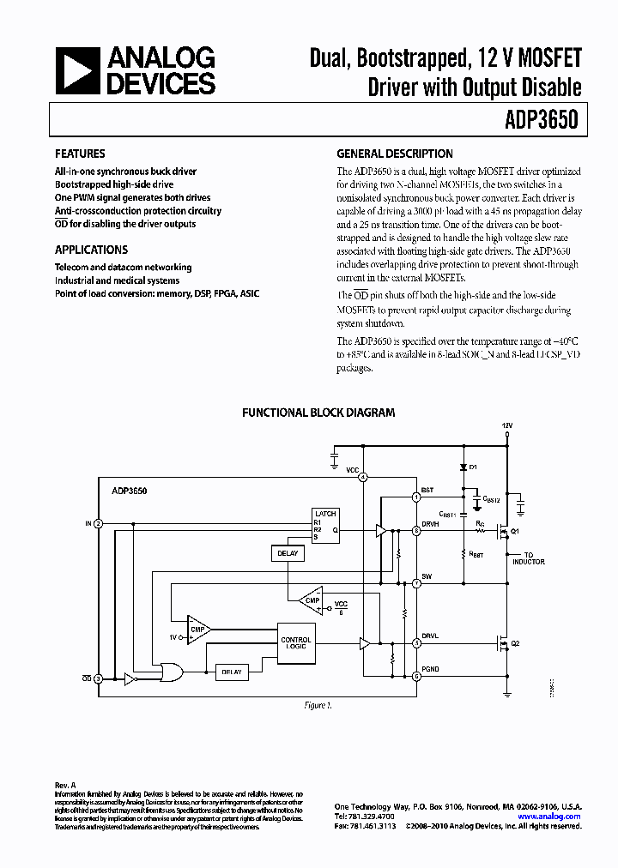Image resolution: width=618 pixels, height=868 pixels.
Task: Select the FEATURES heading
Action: pos(80,154)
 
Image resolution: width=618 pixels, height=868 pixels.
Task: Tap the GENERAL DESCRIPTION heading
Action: pos(394,154)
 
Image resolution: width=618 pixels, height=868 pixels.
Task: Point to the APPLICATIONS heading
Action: pos(91,250)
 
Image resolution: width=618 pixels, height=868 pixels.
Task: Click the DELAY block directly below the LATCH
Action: pos(288,553)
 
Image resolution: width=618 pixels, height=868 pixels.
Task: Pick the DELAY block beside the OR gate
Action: pos(231,672)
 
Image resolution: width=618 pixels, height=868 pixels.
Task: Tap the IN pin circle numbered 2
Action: pos(98,523)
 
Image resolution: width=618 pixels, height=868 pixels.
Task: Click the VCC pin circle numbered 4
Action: pos(363,477)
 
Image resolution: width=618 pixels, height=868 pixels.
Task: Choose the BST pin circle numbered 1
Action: pos(416,497)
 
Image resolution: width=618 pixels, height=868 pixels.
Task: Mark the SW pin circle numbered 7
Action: pos(416,583)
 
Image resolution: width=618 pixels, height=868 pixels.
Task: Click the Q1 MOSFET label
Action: pos(516,532)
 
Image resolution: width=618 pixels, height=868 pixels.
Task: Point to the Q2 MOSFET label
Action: pos(516,643)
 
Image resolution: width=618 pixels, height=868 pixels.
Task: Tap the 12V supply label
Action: pos(507,425)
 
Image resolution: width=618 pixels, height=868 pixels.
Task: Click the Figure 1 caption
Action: pos(317,705)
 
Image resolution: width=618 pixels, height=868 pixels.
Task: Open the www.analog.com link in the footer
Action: pos(550,817)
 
